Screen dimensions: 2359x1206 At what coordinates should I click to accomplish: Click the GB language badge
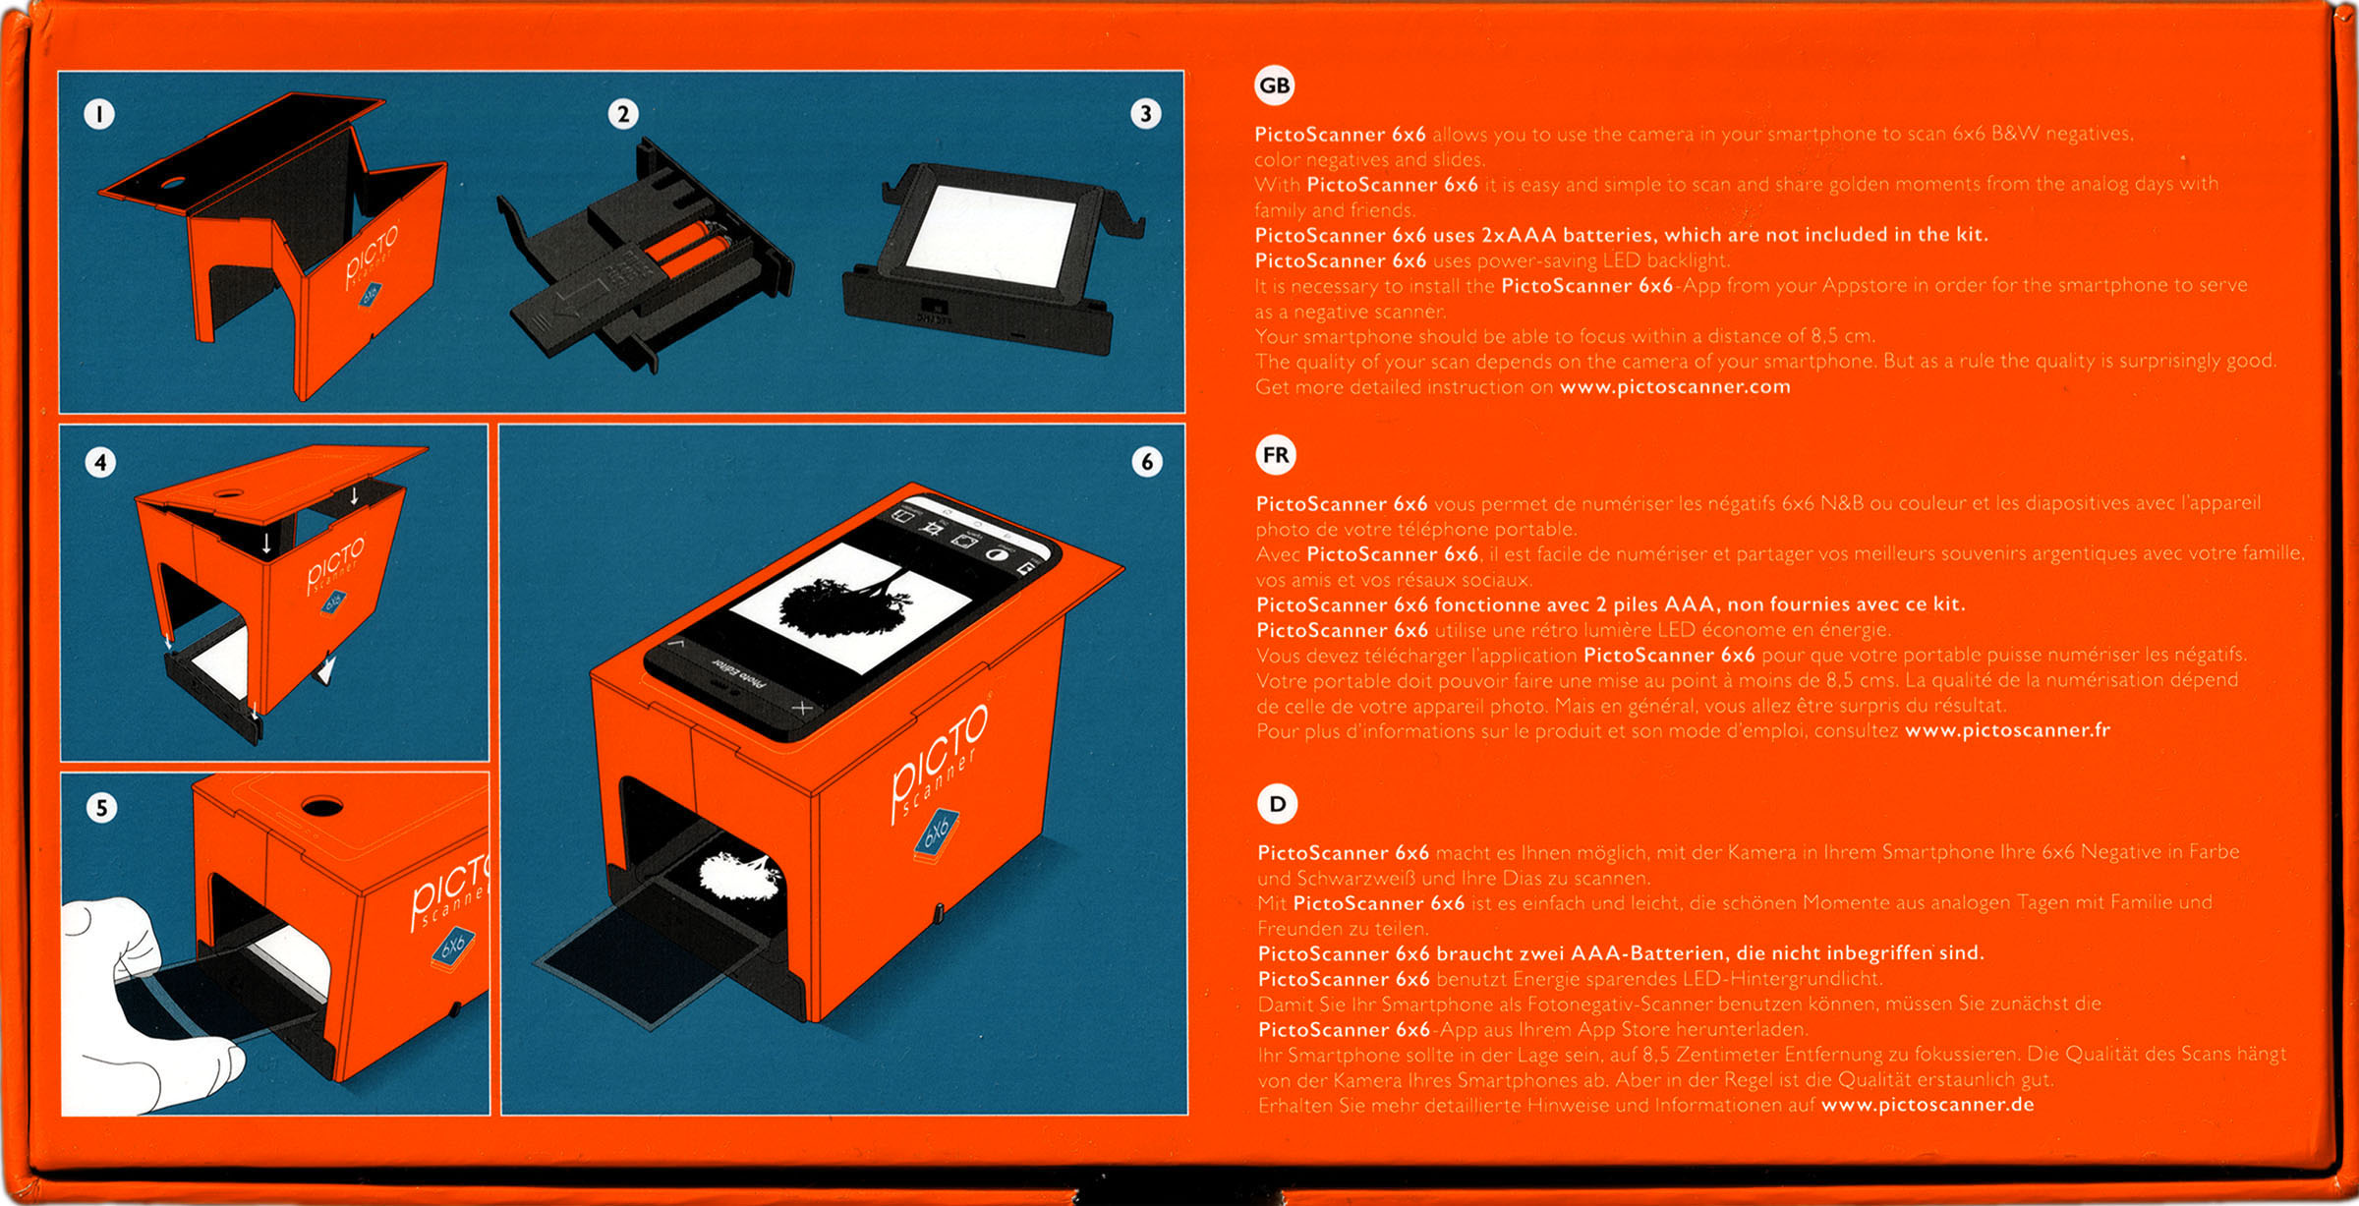(1275, 86)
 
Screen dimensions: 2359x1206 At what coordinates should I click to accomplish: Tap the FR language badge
(1276, 455)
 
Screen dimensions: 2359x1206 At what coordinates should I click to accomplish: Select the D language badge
(1277, 804)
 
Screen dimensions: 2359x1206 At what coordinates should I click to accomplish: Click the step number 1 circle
(98, 114)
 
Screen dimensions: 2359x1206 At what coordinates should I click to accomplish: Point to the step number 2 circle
(623, 114)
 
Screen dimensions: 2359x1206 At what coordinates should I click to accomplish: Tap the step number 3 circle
(1145, 113)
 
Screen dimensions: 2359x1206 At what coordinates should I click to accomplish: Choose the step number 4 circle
(100, 462)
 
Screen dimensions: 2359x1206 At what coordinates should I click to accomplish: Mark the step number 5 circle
(101, 808)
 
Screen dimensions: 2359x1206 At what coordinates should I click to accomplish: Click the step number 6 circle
(1146, 461)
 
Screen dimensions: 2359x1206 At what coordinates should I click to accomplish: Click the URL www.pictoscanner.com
(1675, 387)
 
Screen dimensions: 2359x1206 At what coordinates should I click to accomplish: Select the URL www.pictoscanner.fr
(2007, 730)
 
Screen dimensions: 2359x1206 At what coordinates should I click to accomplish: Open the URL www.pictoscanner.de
(1927, 1105)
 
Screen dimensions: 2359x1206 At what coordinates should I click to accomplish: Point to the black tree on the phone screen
(835, 603)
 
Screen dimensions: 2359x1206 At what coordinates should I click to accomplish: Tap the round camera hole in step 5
(321, 807)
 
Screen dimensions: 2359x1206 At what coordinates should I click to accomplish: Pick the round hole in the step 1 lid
(171, 183)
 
